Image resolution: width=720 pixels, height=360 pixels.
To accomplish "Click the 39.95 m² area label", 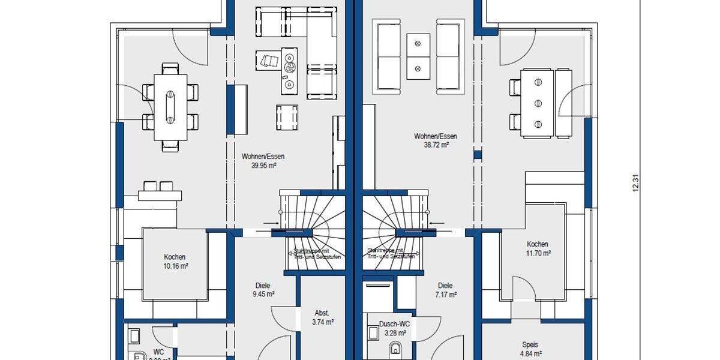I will tap(263, 166).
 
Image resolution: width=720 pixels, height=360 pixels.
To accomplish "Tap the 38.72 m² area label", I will tap(431, 145).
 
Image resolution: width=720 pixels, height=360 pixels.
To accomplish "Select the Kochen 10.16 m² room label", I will tap(175, 261).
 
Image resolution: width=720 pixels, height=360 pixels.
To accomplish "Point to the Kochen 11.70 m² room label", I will tap(537, 248).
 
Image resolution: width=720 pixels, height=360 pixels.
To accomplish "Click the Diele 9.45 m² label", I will tap(263, 290).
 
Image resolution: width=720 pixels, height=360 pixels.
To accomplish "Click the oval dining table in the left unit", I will tap(170, 107).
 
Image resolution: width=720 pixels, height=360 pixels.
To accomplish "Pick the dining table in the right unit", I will tap(538, 102).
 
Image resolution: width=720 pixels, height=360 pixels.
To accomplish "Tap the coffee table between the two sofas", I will tap(418, 56).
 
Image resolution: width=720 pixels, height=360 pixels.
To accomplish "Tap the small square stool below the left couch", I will tap(287, 116).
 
